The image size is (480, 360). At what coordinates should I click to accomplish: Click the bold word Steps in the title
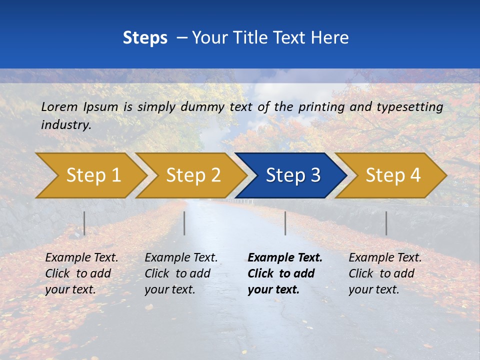145,38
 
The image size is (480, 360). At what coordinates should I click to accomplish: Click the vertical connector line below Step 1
84,223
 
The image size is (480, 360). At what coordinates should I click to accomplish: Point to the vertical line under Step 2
184,223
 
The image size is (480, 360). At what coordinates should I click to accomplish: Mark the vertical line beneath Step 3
285,223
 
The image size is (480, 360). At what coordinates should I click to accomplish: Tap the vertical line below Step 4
386,223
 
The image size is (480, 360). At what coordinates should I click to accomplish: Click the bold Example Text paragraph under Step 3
285,273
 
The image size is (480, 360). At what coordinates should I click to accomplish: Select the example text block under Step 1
81,273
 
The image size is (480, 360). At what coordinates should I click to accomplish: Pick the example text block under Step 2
181,273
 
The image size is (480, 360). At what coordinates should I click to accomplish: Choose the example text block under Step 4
385,273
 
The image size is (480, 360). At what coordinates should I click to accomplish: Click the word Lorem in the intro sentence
59,106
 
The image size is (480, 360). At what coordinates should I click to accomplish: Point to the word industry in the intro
65,125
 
